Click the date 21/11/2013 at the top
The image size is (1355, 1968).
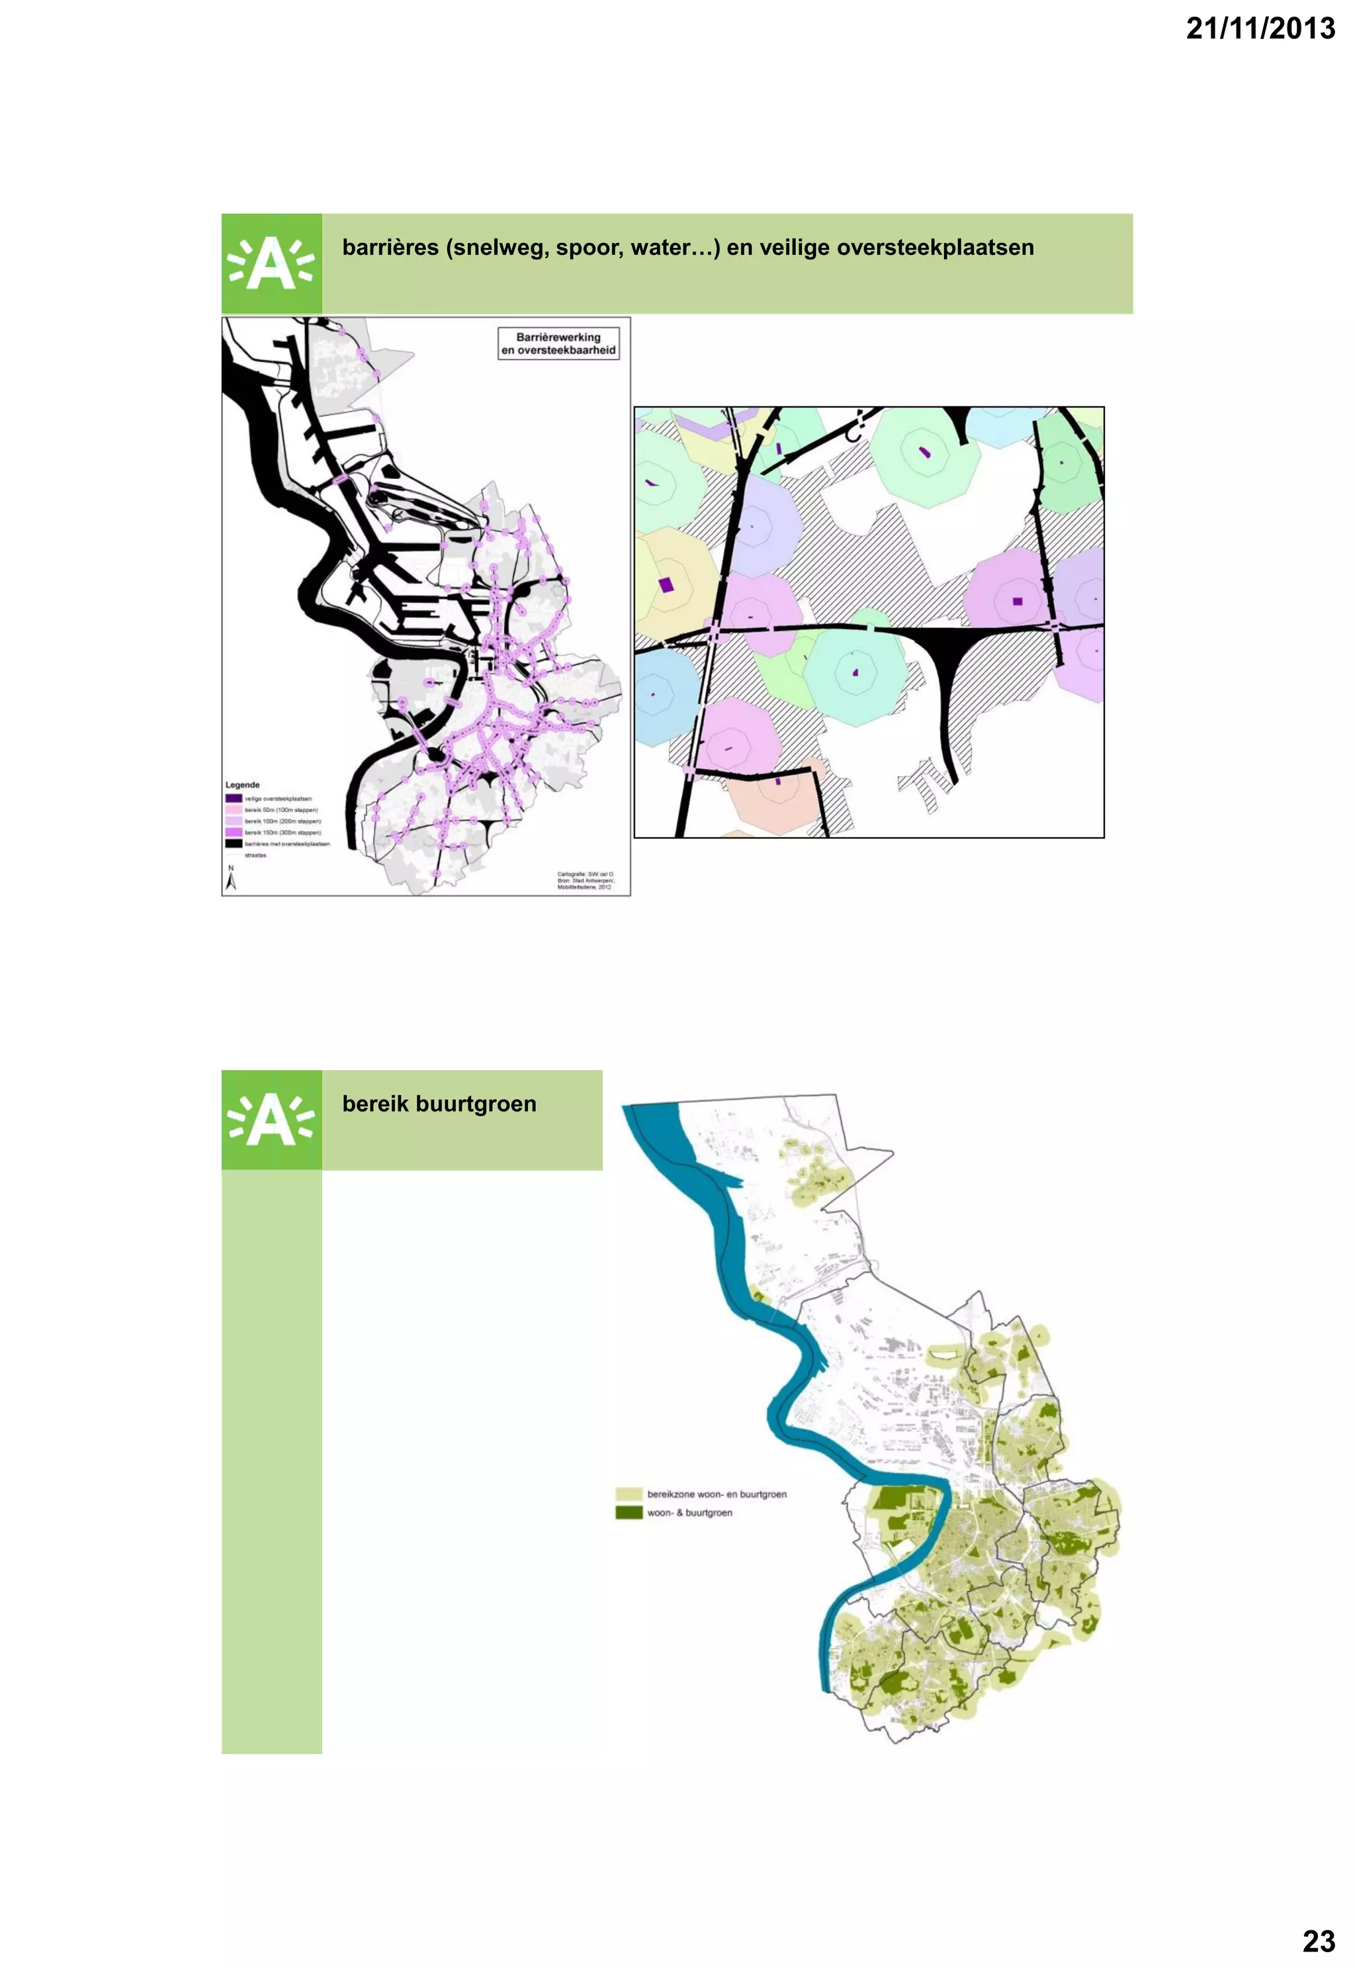1260,29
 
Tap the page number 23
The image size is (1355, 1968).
1319,1941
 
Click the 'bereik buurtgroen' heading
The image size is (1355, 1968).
439,1104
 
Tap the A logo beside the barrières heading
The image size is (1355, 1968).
272,264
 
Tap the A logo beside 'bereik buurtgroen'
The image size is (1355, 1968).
272,1120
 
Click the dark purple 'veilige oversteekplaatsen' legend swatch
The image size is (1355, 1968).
234,799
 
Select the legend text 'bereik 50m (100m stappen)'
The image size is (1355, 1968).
281,811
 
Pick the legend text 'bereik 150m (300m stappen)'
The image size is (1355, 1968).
283,833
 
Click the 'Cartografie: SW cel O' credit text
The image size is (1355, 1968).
585,874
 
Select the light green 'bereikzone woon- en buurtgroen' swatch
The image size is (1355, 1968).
629,1494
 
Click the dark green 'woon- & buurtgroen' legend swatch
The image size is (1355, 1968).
629,1512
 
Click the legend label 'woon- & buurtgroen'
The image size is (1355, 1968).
689,1512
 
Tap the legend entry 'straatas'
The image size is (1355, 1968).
255,856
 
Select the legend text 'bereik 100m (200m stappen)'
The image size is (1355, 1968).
283,822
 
